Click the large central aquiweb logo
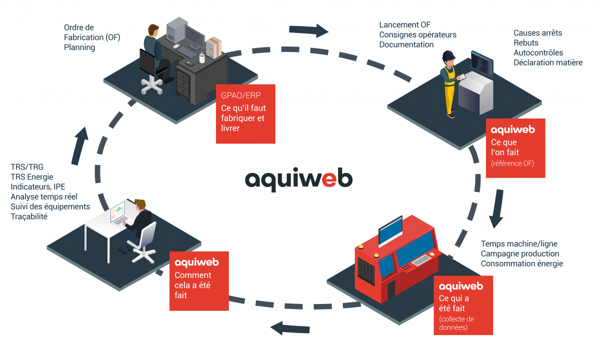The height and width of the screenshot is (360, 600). [x=298, y=178]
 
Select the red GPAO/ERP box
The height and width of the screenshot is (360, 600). [x=245, y=114]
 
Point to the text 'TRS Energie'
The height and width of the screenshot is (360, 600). [x=31, y=176]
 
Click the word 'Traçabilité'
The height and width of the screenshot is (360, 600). [x=29, y=216]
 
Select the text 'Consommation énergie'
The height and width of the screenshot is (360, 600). [x=521, y=263]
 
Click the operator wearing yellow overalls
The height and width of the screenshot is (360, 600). [x=449, y=82]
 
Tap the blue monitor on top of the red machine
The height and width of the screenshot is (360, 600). [x=390, y=230]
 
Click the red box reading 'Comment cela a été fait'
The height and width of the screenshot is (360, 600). [x=199, y=280]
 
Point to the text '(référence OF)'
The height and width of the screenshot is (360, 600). [x=512, y=162]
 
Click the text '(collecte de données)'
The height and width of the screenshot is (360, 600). [x=456, y=323]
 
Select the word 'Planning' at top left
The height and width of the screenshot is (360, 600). [x=79, y=47]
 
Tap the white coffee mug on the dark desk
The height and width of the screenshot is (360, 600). [x=202, y=58]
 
